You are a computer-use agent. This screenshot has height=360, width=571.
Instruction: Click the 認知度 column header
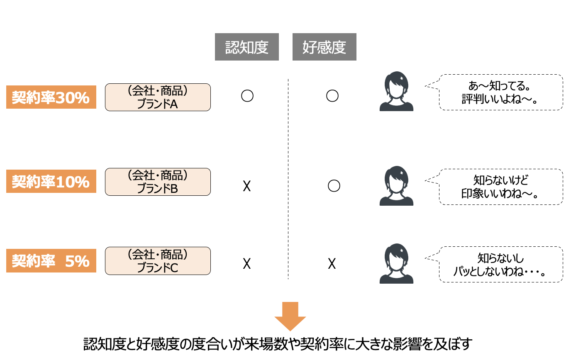pyautogui.click(x=246, y=47)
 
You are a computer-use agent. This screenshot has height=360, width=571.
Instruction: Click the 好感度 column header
pyautogui.click(x=324, y=47)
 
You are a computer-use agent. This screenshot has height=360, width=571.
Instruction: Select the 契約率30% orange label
pyautogui.click(x=51, y=97)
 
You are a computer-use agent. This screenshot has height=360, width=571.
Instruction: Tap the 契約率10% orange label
pyautogui.click(x=51, y=181)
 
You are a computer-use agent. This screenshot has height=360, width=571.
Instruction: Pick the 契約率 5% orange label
pyautogui.click(x=51, y=261)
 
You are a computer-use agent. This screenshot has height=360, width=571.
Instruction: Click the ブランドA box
pyautogui.click(x=158, y=97)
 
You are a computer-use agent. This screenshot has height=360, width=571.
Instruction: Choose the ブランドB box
pyautogui.click(x=158, y=182)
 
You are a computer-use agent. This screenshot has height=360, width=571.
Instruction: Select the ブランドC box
pyautogui.click(x=158, y=261)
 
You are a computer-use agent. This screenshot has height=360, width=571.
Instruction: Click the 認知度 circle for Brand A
pyautogui.click(x=247, y=96)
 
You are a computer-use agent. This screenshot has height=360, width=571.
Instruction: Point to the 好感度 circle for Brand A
pyautogui.click(x=332, y=96)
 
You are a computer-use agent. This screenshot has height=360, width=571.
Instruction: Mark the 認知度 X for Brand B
pyautogui.click(x=246, y=187)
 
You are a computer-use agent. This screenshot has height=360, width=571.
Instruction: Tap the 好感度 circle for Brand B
pyautogui.click(x=334, y=186)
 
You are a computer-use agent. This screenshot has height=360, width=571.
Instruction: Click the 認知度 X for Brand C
pyautogui.click(x=246, y=263)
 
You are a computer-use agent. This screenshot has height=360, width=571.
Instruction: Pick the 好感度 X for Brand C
pyautogui.click(x=332, y=263)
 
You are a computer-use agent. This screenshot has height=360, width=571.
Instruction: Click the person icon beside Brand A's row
pyautogui.click(x=396, y=92)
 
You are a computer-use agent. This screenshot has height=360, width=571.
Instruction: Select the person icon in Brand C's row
pyautogui.click(x=396, y=264)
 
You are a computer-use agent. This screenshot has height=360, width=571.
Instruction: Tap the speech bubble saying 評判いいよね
pyautogui.click(x=500, y=92)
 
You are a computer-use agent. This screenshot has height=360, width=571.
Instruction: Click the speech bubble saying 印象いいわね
pyautogui.click(x=500, y=187)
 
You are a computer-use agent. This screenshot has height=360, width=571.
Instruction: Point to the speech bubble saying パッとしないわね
pyautogui.click(x=500, y=265)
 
